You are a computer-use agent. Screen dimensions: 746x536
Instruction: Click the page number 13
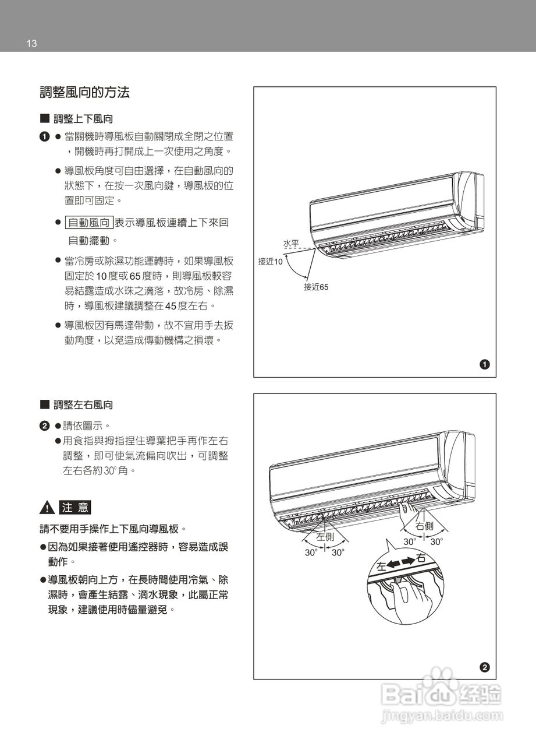pyautogui.click(x=31, y=44)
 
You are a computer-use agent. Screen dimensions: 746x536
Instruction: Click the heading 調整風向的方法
pyautogui.click(x=84, y=92)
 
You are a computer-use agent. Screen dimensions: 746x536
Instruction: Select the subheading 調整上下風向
pyautogui.click(x=83, y=119)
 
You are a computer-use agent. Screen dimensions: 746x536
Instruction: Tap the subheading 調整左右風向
pyautogui.click(x=83, y=404)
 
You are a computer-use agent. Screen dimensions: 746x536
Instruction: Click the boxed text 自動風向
pyautogui.click(x=89, y=223)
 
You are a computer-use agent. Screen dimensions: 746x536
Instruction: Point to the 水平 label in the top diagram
pyautogui.click(x=291, y=242)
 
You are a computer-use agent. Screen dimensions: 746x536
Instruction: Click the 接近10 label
pyautogui.click(x=271, y=262)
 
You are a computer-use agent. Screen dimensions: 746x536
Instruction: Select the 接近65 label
pyautogui.click(x=316, y=287)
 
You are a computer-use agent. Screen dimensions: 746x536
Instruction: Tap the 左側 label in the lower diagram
pyautogui.click(x=325, y=536)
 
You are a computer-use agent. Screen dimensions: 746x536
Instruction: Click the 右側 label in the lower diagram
pyautogui.click(x=424, y=526)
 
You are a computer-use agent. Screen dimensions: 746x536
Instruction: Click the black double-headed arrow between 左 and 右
pyautogui.click(x=401, y=562)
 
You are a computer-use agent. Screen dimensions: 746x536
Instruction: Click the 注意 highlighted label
pyautogui.click(x=76, y=507)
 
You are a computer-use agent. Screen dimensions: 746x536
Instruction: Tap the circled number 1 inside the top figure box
pyautogui.click(x=484, y=365)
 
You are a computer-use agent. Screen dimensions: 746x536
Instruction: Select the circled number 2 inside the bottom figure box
pyautogui.click(x=484, y=667)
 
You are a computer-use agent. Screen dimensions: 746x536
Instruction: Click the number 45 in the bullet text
pyautogui.click(x=171, y=306)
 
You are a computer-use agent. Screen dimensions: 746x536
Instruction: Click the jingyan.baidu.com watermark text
pyautogui.click(x=442, y=716)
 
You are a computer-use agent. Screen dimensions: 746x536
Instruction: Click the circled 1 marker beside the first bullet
pyautogui.click(x=44, y=136)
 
